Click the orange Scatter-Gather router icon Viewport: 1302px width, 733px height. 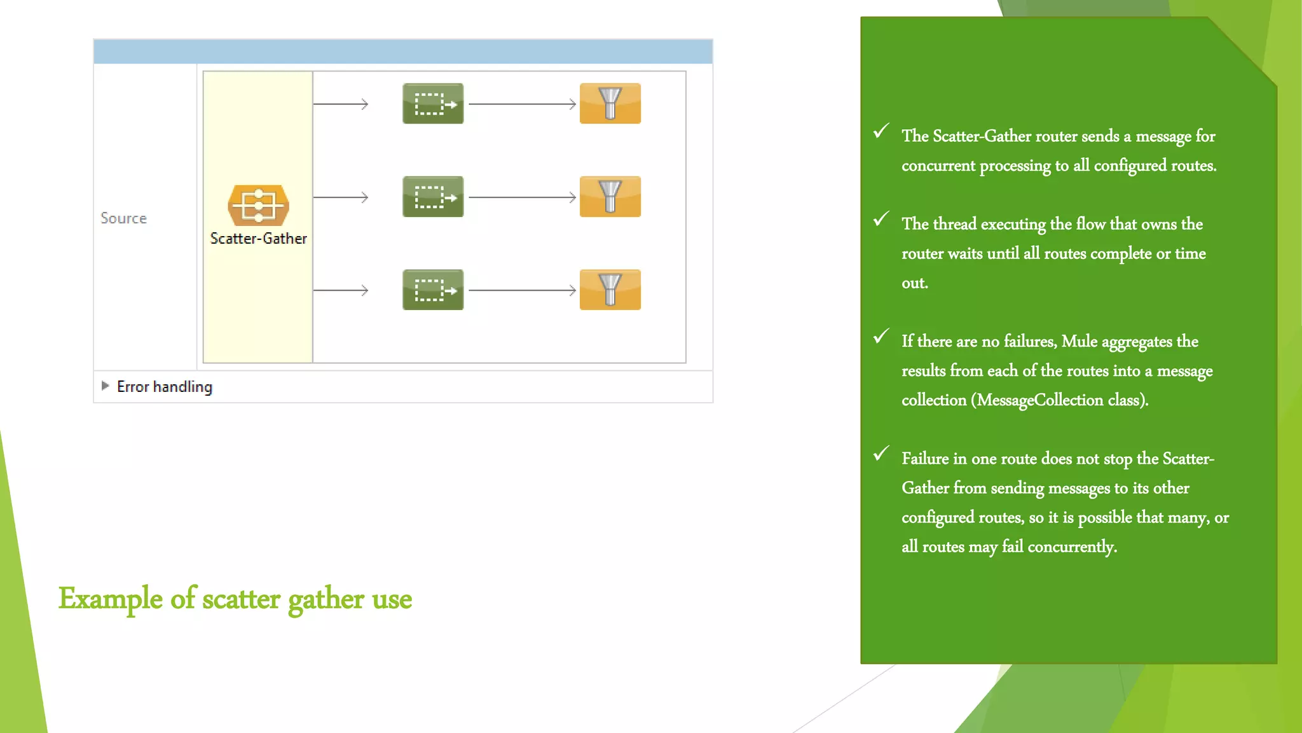coord(258,205)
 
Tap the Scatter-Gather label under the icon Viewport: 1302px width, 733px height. coord(258,239)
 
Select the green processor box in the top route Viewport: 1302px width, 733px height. coord(433,104)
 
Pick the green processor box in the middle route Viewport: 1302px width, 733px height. coord(433,197)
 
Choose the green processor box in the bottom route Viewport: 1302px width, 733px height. coord(433,290)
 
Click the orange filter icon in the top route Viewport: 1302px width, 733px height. coord(610,104)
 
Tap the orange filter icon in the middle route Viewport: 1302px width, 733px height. coord(610,197)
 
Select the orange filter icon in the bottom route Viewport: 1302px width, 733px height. coord(610,290)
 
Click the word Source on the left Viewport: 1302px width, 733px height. coord(123,218)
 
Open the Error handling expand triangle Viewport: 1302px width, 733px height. coord(106,386)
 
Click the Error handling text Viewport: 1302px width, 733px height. coord(165,387)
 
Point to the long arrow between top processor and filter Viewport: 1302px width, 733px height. coord(521,104)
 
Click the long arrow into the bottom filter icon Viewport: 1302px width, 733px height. coord(521,290)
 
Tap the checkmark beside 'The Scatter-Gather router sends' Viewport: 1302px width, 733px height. coord(881,131)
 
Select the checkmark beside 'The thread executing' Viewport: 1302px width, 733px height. coord(881,219)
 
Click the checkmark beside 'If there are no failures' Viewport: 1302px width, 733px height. coord(881,336)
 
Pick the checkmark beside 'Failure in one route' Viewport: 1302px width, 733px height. coord(881,453)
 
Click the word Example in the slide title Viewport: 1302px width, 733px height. coord(111,599)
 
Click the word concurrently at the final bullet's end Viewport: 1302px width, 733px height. coord(1071,547)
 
